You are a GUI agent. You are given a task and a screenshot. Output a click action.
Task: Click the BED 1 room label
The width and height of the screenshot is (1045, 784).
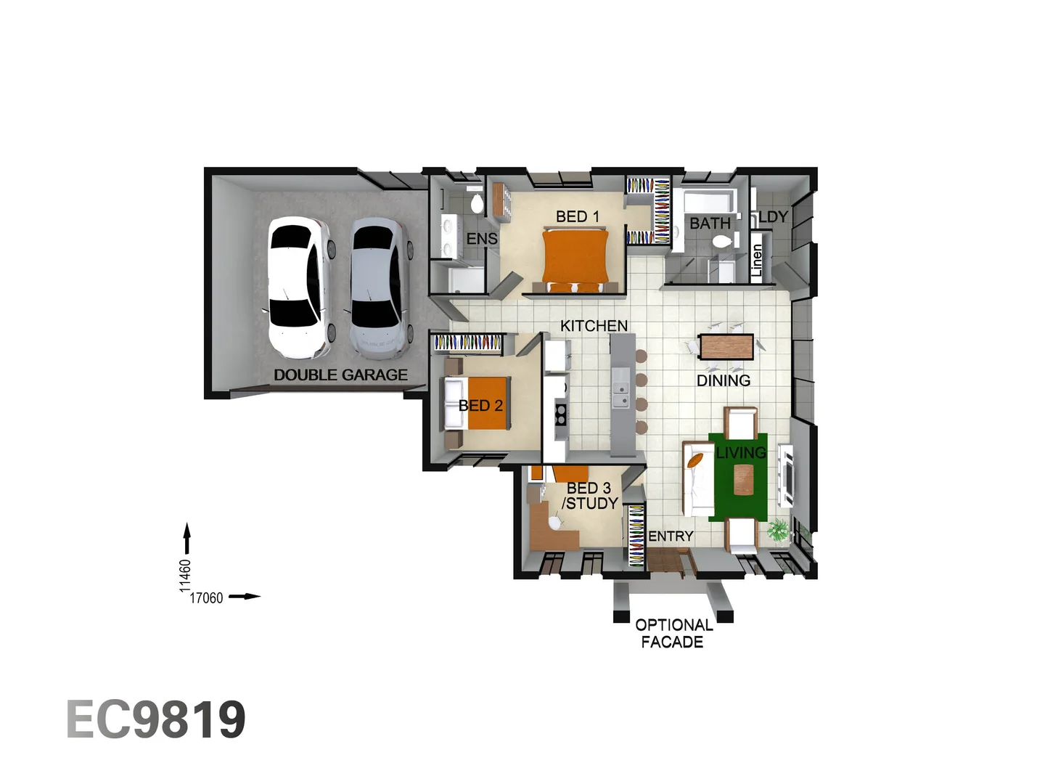click(577, 216)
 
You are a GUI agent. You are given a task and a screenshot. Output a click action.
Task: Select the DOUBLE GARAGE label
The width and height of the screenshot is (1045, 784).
click(340, 375)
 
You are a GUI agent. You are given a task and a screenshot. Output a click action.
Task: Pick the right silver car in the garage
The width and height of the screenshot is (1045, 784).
click(377, 288)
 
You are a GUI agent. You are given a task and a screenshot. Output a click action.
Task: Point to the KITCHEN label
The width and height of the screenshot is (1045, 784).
click(594, 326)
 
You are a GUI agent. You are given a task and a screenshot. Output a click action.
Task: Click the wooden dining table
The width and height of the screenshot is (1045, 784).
click(726, 346)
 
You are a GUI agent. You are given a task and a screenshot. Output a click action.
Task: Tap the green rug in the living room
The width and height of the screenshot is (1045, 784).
click(738, 475)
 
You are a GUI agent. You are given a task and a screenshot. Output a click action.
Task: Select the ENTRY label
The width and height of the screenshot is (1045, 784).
click(671, 536)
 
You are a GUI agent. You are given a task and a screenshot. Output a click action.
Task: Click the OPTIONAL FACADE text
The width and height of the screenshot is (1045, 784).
click(673, 633)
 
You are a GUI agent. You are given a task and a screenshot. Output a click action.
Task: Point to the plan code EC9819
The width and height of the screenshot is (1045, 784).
click(156, 719)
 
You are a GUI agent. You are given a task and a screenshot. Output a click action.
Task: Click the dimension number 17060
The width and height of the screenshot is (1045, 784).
click(206, 598)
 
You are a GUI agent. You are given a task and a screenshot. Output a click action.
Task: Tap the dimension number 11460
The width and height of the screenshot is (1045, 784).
click(185, 575)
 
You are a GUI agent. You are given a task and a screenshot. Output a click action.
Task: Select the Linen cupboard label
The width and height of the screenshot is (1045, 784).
click(757, 260)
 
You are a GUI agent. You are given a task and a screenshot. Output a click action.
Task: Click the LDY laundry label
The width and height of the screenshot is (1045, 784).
click(773, 216)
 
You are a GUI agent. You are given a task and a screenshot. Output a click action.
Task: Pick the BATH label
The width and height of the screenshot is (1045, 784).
click(710, 223)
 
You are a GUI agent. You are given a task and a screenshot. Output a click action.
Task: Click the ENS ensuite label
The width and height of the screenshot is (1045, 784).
click(482, 238)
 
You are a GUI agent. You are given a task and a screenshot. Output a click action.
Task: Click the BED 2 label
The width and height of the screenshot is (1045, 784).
click(480, 406)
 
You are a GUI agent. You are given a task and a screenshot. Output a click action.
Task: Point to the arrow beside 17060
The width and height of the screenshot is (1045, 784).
click(245, 597)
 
